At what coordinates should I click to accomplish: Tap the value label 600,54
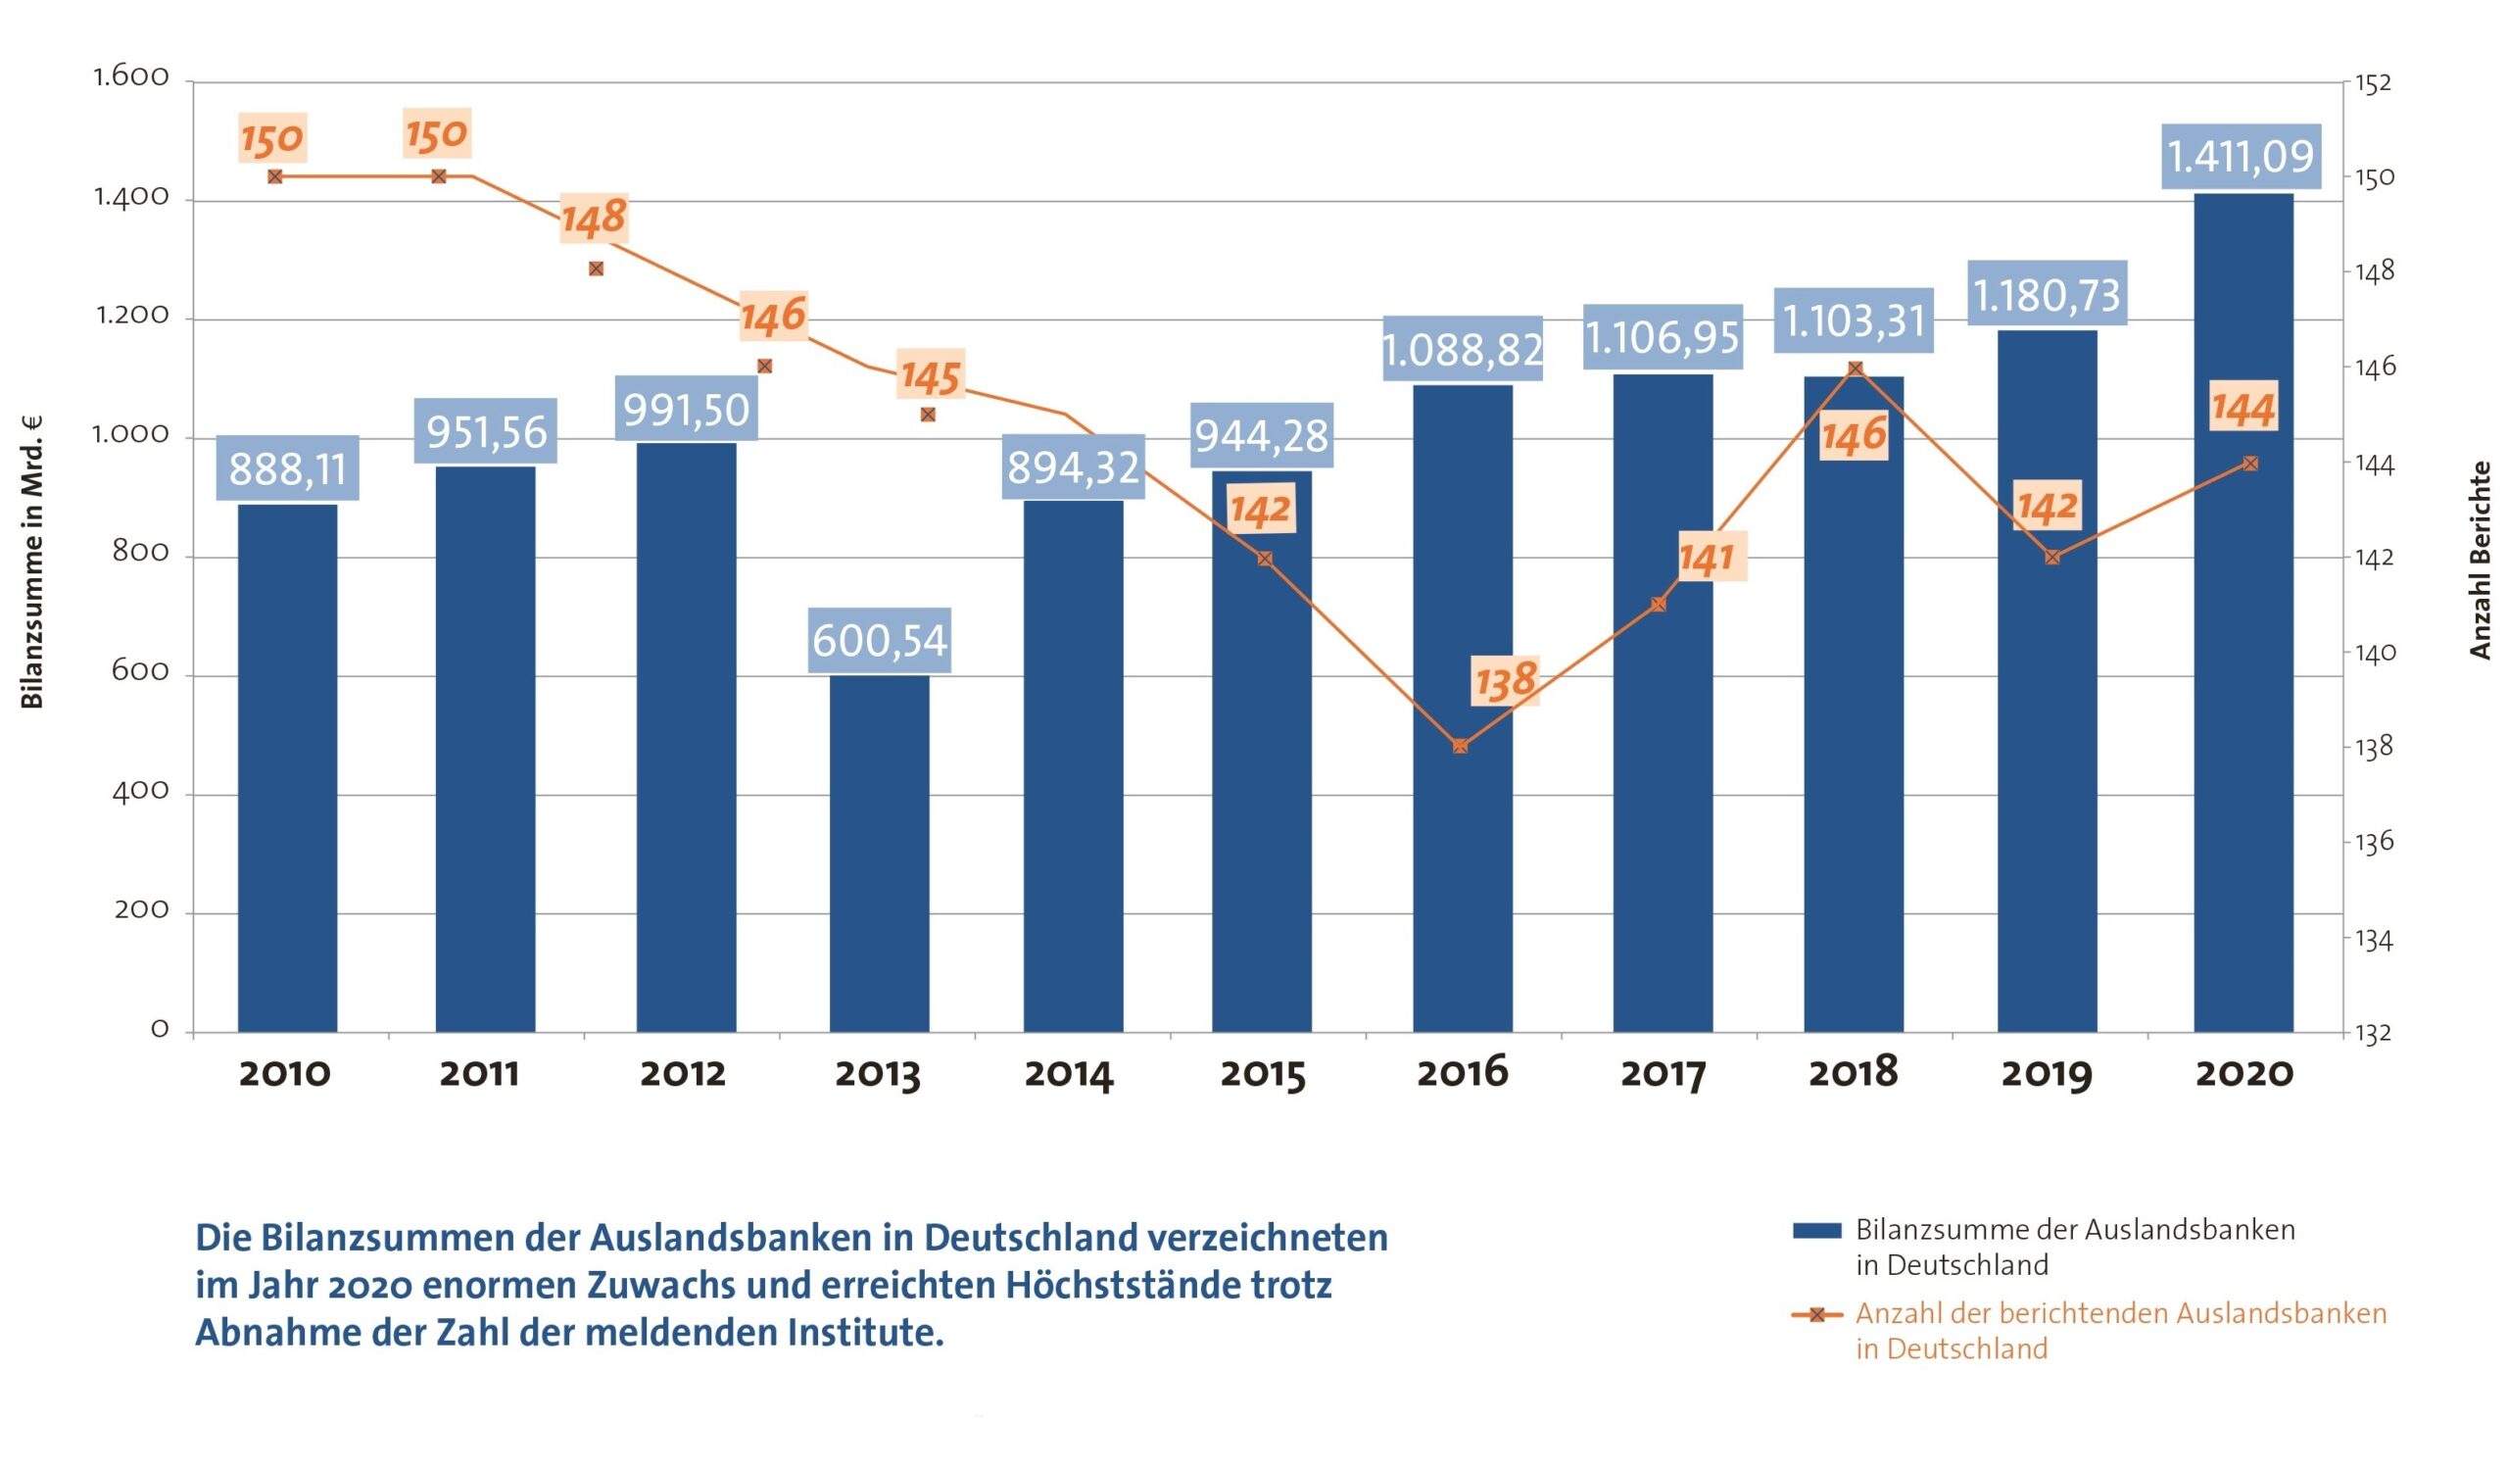pyautogui.click(x=879, y=640)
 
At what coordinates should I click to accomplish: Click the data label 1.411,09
pyautogui.click(x=2242, y=156)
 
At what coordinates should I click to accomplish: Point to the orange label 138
pyautogui.click(x=1505, y=682)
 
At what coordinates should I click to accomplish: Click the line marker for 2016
pyautogui.click(x=1460, y=747)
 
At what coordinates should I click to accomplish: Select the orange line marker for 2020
pyautogui.click(x=2250, y=464)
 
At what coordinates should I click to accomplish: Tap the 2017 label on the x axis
pyautogui.click(x=1663, y=1074)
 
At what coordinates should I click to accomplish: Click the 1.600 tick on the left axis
pyautogui.click(x=131, y=77)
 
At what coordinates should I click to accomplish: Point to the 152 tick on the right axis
pyautogui.click(x=2373, y=83)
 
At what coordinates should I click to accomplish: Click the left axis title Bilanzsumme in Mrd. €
pyautogui.click(x=32, y=563)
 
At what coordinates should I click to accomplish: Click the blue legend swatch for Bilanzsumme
pyautogui.click(x=1816, y=1231)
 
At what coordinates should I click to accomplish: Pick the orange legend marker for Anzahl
pyautogui.click(x=1816, y=1315)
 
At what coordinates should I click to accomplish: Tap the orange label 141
pyautogui.click(x=1706, y=559)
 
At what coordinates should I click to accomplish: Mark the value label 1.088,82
pyautogui.click(x=1462, y=349)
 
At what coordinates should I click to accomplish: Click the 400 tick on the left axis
pyautogui.click(x=140, y=792)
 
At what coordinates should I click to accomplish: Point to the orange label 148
pyautogui.click(x=594, y=218)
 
